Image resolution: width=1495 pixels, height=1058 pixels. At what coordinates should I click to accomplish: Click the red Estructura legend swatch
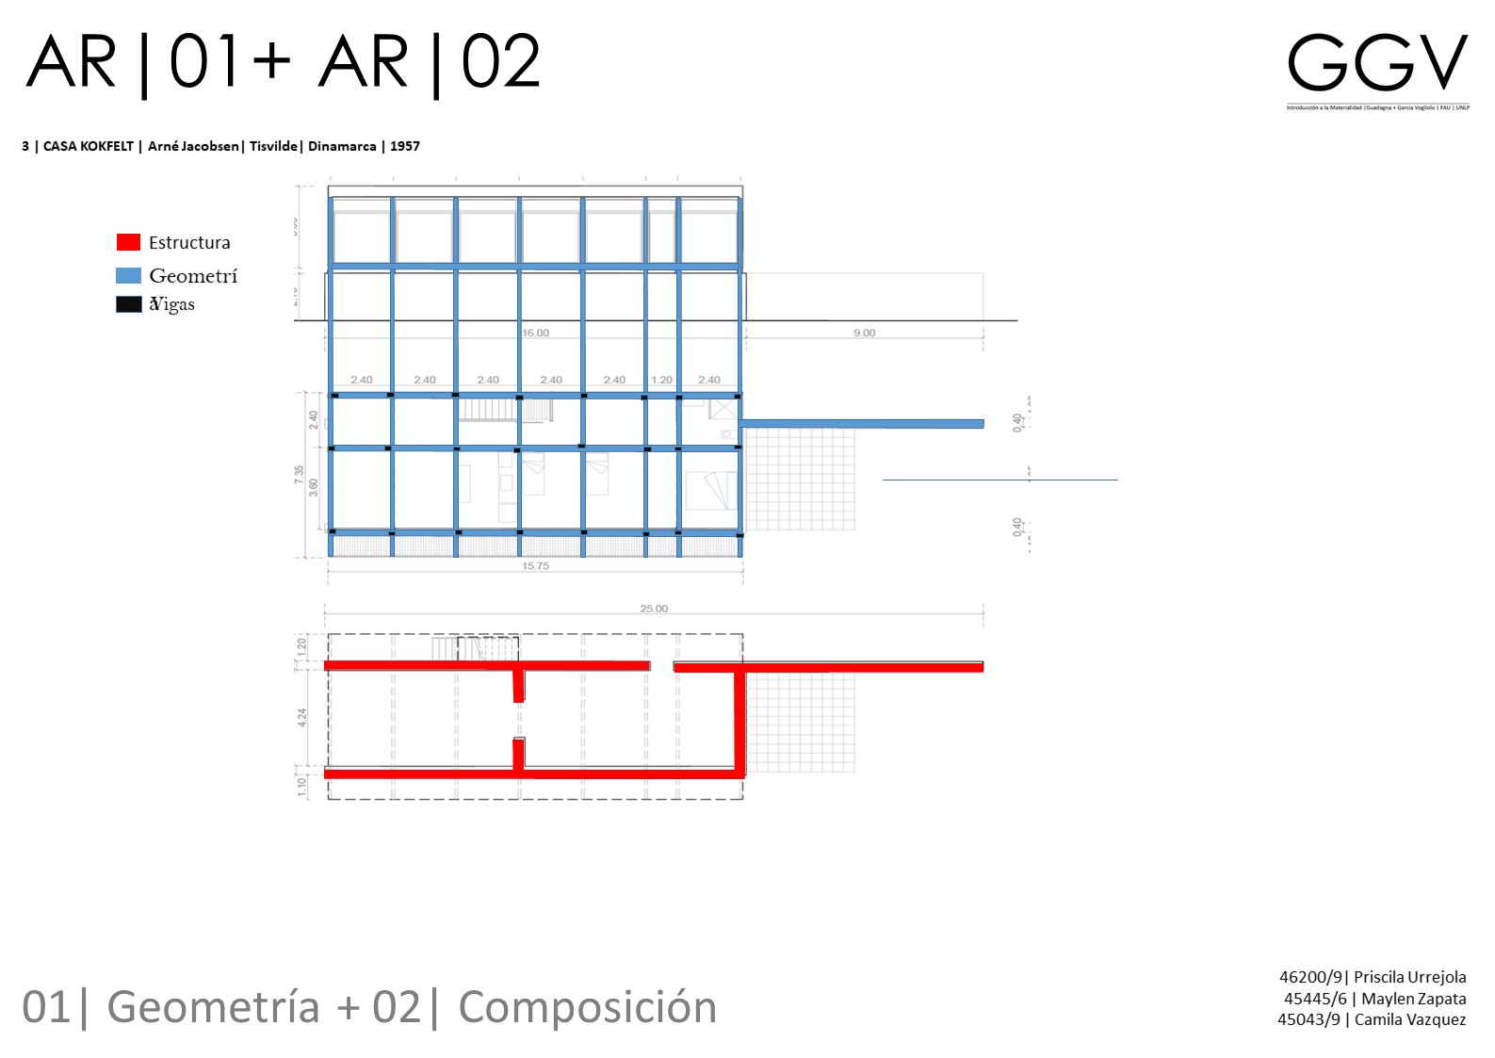click(128, 242)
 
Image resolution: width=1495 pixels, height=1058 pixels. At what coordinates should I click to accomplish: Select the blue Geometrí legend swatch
click(128, 275)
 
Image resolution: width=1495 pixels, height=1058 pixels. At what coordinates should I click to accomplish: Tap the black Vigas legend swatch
click(128, 304)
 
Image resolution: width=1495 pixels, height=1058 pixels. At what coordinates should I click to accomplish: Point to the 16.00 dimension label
click(535, 333)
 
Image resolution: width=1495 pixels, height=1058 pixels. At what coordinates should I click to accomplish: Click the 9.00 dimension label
click(864, 333)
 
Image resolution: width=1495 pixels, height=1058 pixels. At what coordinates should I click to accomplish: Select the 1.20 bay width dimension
click(662, 380)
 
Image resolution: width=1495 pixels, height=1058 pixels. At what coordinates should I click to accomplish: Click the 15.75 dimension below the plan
click(535, 566)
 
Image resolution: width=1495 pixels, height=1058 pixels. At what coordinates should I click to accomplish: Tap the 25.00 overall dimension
click(654, 609)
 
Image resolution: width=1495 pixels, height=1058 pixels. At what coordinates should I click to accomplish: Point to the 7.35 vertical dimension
click(300, 476)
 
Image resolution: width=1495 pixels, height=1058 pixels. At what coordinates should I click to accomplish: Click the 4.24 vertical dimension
click(301, 717)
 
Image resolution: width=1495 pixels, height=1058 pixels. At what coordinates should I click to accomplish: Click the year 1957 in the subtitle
click(405, 146)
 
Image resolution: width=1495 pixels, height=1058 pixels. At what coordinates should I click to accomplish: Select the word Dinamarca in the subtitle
click(342, 146)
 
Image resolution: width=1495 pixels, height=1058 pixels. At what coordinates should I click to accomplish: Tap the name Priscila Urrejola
click(1409, 977)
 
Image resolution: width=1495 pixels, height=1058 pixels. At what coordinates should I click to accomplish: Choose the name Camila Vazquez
click(1409, 1019)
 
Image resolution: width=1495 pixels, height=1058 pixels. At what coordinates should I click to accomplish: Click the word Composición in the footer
click(587, 1007)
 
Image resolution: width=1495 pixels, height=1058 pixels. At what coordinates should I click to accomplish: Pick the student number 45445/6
click(1315, 999)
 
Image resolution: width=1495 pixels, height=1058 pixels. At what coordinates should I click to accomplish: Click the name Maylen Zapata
click(1413, 999)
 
